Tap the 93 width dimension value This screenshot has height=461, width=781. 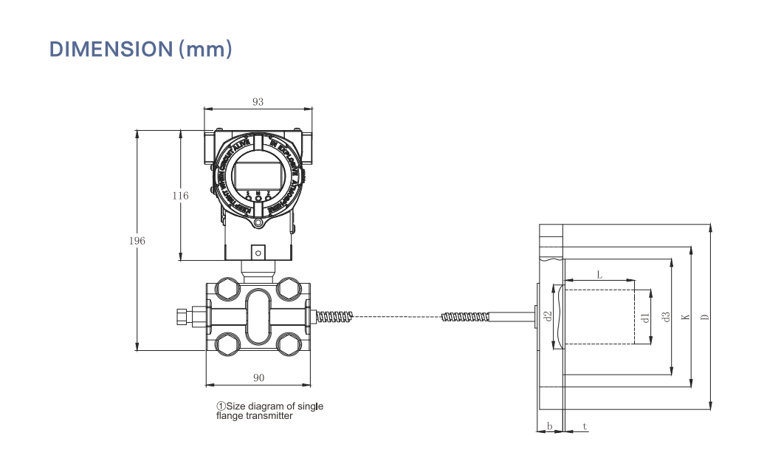(258, 102)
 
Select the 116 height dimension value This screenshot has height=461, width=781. (180, 196)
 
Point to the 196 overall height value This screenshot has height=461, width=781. (137, 241)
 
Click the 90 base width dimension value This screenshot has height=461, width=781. (258, 378)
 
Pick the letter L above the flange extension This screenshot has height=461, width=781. (599, 274)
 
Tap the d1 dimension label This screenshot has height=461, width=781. (644, 318)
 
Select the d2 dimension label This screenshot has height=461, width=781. (548, 317)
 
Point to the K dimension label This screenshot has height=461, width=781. (685, 317)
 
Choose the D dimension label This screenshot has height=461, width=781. (705, 317)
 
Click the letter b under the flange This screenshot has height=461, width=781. (549, 426)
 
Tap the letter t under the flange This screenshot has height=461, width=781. (585, 426)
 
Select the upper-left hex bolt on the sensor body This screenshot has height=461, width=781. (226, 289)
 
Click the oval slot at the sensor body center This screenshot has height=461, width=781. (258, 316)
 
